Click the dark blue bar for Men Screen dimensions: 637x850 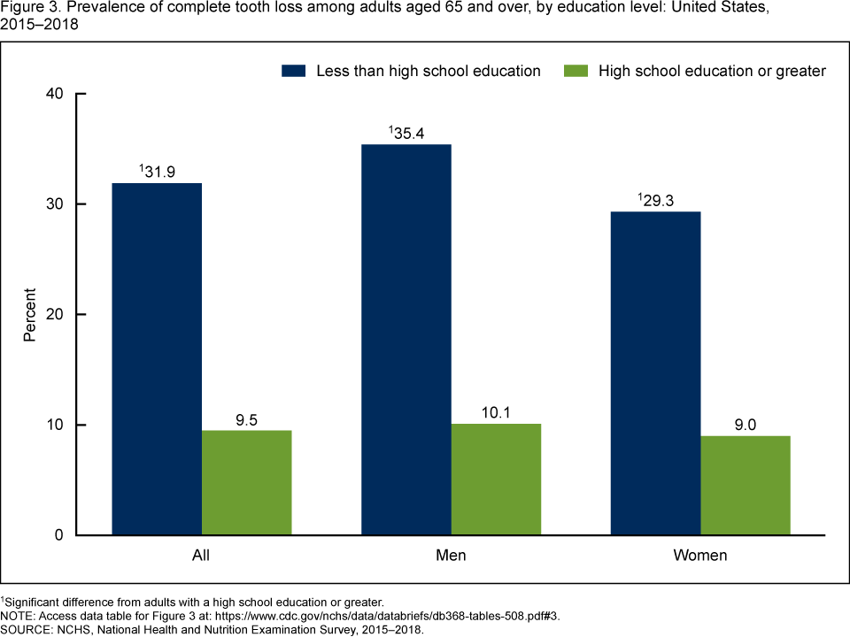point(406,340)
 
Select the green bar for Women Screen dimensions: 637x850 point(746,486)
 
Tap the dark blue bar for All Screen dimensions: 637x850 point(157,359)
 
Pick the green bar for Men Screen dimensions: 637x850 point(496,480)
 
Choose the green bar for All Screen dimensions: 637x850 point(246,483)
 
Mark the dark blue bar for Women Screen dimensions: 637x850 point(656,373)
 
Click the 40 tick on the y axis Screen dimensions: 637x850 point(55,95)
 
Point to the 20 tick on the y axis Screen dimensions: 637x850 point(55,315)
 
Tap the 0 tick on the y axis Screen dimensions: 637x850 point(59,535)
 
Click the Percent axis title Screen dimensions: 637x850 point(30,315)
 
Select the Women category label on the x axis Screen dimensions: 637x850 point(700,556)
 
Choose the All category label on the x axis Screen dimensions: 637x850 point(202,556)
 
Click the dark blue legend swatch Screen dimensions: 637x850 point(294,71)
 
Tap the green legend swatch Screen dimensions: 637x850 point(576,71)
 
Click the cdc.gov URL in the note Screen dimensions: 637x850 point(424,617)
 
